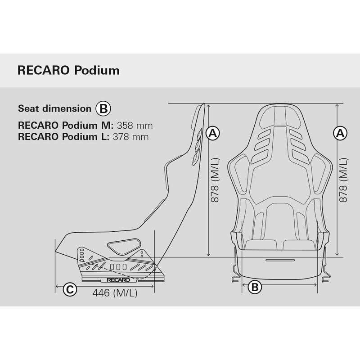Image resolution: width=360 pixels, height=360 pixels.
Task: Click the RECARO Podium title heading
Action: [68, 70]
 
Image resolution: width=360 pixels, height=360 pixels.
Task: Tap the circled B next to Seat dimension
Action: [103, 108]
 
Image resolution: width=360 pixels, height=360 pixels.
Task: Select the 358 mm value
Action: [135, 126]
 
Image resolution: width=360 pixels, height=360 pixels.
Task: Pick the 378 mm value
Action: [130, 137]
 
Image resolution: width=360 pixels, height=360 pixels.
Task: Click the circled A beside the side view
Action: [213, 133]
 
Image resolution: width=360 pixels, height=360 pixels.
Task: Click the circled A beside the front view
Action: [340, 133]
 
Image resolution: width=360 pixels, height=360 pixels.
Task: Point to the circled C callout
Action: [70, 289]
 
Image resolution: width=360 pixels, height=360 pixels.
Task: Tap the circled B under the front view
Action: [255, 287]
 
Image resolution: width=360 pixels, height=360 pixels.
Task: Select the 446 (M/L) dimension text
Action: [115, 293]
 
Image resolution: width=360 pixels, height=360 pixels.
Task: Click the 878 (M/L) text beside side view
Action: [215, 180]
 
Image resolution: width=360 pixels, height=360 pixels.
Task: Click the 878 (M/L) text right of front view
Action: [343, 180]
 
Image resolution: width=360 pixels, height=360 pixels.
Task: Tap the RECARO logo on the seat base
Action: [118, 280]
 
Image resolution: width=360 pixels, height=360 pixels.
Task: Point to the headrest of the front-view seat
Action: [280, 117]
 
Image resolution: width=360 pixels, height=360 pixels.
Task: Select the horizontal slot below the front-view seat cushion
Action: [280, 261]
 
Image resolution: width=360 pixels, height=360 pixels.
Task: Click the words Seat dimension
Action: [54, 108]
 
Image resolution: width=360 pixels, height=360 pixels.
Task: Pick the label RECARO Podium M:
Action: [66, 126]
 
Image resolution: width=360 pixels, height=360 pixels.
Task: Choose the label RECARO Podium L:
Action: [63, 137]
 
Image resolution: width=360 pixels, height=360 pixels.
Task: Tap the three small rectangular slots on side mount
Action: [118, 266]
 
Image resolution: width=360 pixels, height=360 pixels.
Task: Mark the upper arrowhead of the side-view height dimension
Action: [208, 106]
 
